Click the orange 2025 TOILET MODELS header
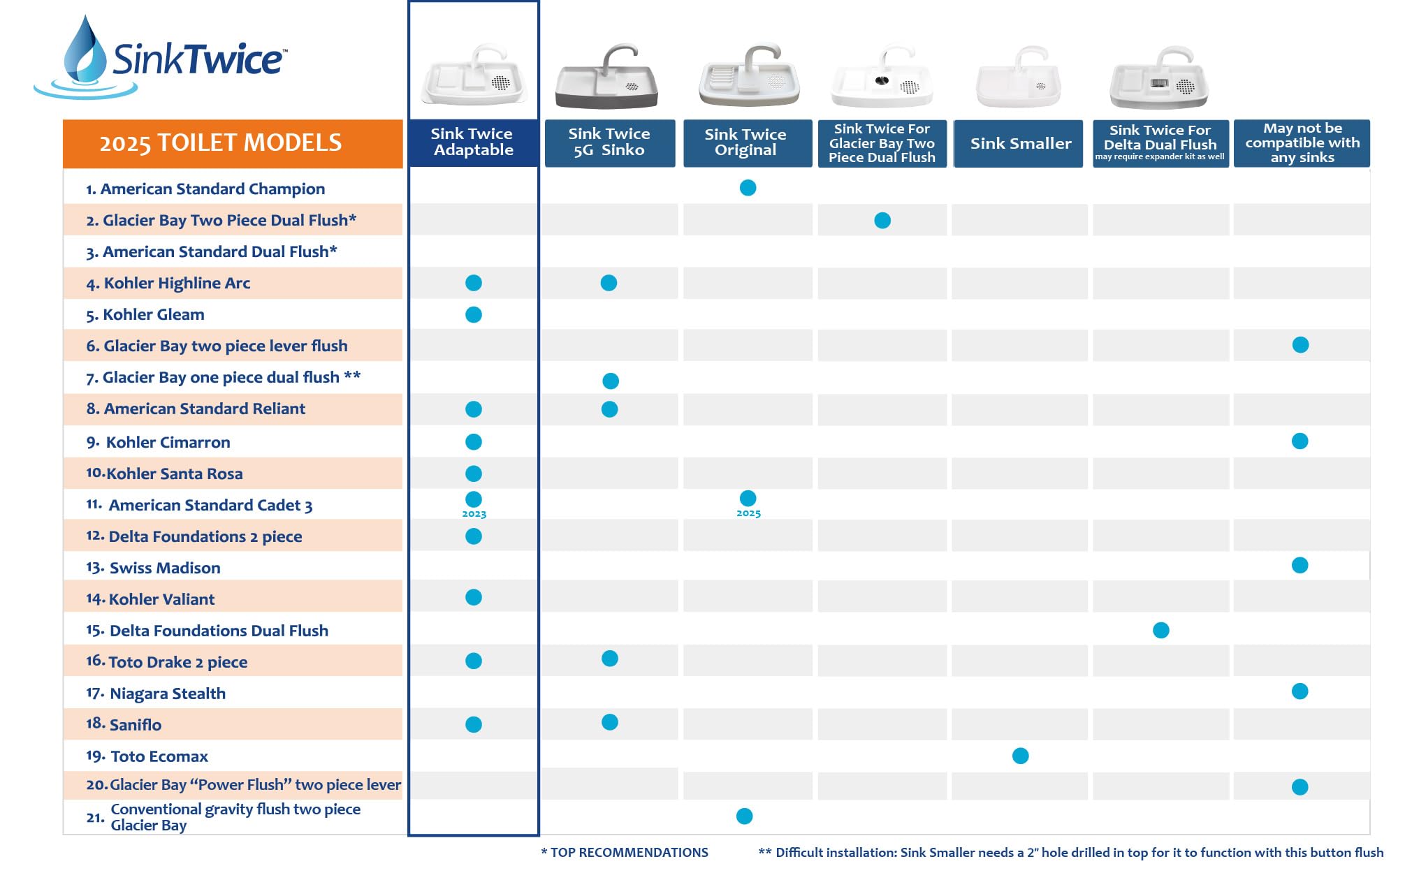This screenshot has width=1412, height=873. (232, 143)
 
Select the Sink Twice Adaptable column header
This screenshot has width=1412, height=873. (473, 142)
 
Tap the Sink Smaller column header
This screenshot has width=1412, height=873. (1019, 143)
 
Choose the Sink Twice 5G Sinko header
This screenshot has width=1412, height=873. (609, 142)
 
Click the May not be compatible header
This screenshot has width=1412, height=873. (1302, 143)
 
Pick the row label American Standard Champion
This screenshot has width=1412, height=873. (212, 189)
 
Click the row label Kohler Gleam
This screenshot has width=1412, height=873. (153, 314)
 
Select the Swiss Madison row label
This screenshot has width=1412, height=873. (164, 568)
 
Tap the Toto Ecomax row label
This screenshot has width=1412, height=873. (159, 756)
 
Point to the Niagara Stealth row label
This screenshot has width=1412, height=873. (167, 694)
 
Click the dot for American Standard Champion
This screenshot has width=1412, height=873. (748, 188)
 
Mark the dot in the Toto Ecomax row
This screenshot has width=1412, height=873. (1020, 756)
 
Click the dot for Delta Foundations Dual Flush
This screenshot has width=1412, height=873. (1160, 630)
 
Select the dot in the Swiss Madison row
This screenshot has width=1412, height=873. (1300, 565)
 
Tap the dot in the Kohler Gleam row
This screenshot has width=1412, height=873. (474, 314)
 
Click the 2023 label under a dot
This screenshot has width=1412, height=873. (474, 514)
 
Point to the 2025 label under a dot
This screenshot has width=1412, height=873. (748, 513)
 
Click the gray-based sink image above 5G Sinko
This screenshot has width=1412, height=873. (606, 78)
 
